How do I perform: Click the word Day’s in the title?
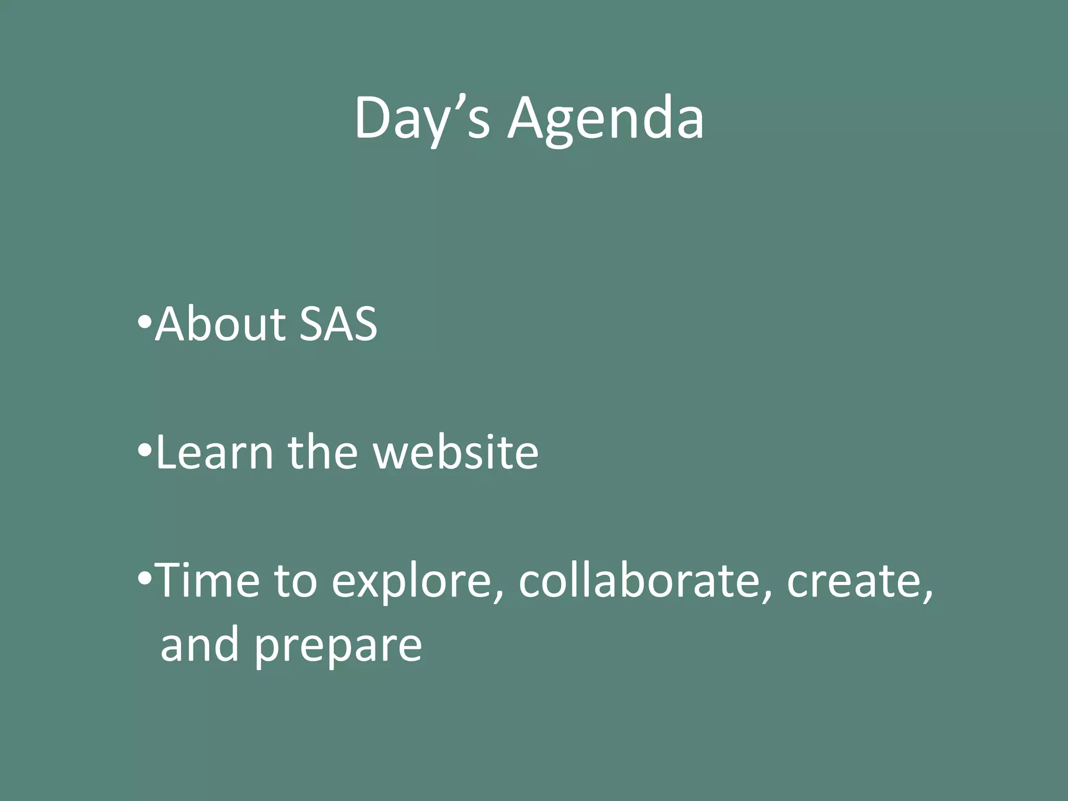[x=421, y=119]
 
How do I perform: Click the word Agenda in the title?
[x=606, y=119]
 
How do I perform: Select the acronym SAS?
[x=339, y=324]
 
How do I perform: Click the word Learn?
[x=214, y=453]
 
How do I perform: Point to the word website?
[x=455, y=453]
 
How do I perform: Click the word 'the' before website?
[x=322, y=453]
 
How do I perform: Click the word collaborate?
[x=639, y=581]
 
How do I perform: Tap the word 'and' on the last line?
[x=200, y=646]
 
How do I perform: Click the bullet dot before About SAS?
[x=144, y=323]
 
